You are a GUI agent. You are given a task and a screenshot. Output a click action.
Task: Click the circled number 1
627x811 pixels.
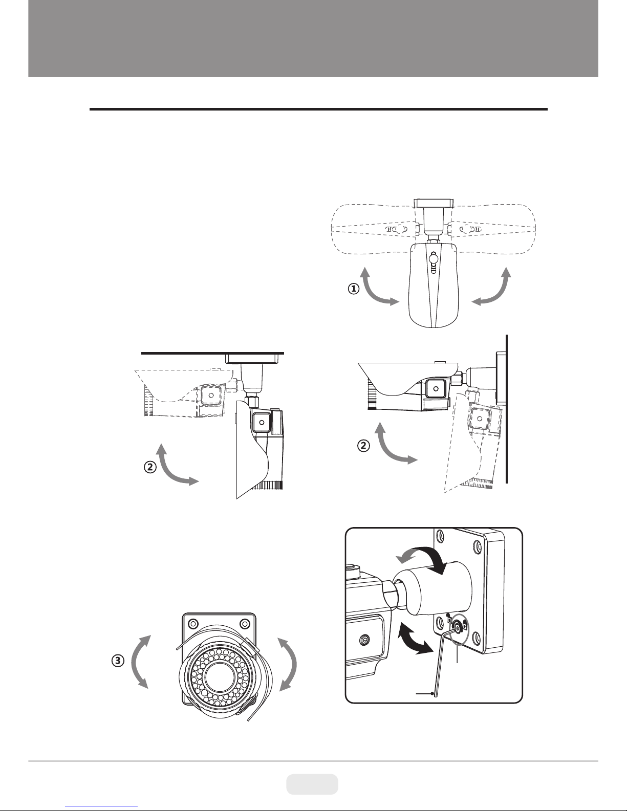click(x=353, y=289)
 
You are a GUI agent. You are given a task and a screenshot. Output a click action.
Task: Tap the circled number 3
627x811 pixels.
click(x=118, y=660)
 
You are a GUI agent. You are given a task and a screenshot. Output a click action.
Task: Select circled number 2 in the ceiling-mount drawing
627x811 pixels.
click(x=149, y=467)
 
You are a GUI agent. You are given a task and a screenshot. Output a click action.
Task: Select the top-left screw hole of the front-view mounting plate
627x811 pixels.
click(x=193, y=624)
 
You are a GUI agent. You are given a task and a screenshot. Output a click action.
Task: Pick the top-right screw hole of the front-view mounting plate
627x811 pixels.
click(x=245, y=624)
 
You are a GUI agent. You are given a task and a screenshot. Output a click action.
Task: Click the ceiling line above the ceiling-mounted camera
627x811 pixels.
click(x=212, y=353)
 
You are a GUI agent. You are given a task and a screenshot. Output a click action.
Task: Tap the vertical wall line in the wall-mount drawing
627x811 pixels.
click(x=507, y=409)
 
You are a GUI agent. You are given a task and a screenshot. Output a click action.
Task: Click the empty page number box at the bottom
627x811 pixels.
click(x=312, y=784)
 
